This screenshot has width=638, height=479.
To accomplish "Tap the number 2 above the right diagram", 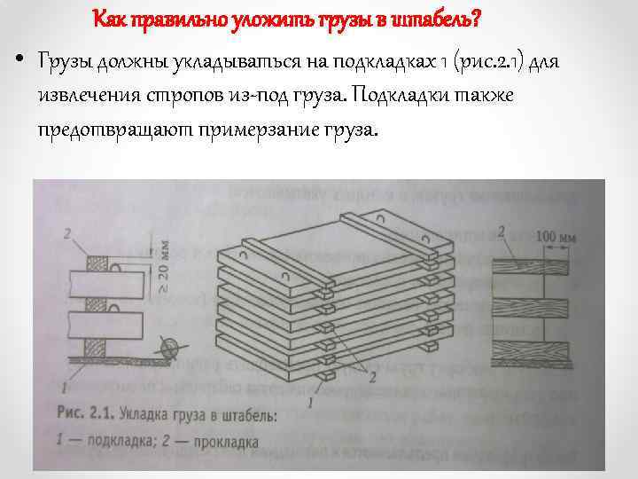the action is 502,232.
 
